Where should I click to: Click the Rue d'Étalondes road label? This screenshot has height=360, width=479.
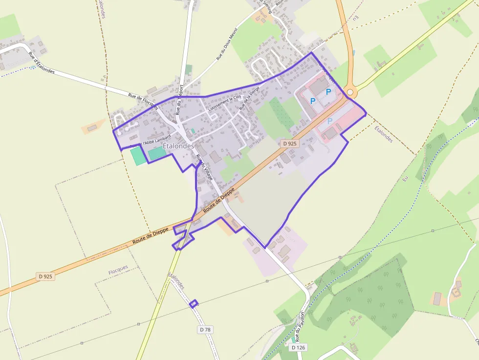coord(42,63)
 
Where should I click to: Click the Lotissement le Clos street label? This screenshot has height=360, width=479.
coord(225,104)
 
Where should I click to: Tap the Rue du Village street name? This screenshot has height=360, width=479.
coord(205,169)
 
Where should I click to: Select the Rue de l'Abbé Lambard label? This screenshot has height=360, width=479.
coord(152,140)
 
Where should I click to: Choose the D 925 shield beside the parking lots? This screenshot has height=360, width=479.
coord(290,144)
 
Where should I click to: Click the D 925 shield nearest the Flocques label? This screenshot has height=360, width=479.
coord(45,276)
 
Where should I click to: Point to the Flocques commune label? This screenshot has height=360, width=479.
coord(118,267)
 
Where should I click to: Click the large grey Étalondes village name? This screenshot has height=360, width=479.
coord(178,146)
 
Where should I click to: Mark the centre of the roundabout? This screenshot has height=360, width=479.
coord(349,92)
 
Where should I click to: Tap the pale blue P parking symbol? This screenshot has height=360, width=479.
coord(330,120)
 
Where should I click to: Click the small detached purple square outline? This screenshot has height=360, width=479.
coord(194,303)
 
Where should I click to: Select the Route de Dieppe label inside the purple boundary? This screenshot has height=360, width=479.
coord(222,200)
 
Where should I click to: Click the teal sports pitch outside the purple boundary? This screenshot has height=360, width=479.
coord(137,156)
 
